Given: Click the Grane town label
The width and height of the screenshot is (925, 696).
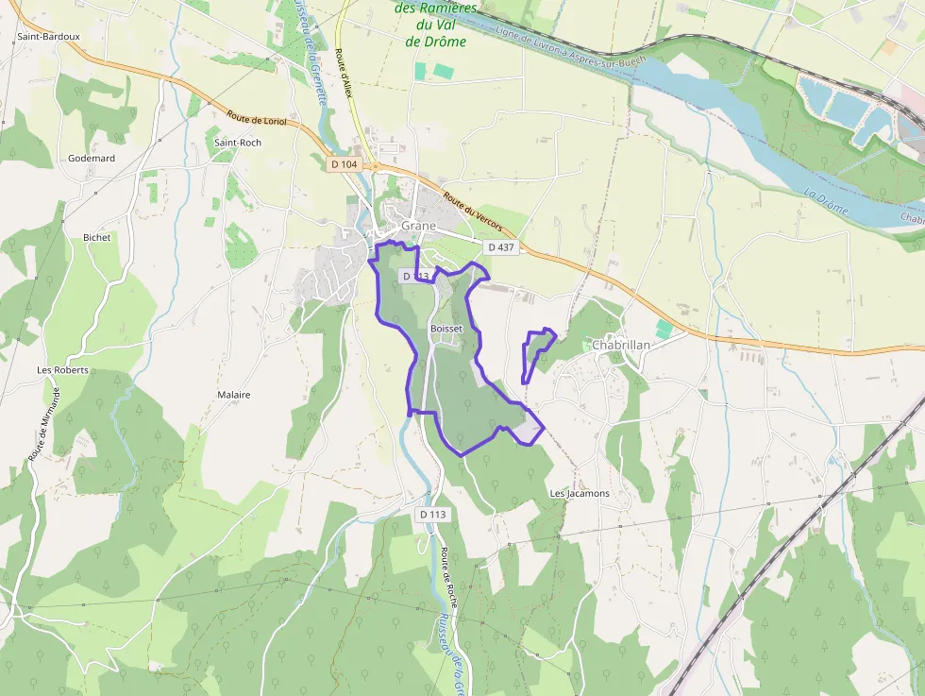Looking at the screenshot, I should pos(418,227).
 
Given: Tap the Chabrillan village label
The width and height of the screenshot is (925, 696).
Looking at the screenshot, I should pos(621,346).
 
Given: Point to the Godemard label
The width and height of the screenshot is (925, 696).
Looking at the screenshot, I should pos(92,159).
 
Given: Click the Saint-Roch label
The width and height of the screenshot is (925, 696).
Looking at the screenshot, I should pos(238,143).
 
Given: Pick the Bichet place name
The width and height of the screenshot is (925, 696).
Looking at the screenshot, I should pos(96,238).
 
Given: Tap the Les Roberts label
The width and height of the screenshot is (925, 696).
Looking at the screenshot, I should pos(62,370).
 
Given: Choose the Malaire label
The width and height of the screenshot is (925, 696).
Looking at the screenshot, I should pos(234,395).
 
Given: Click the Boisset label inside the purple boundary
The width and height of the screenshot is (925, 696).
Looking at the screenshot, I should pos(446,328).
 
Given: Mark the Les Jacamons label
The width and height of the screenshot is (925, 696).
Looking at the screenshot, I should pos(580,494).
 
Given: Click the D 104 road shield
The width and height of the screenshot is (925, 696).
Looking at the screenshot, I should pos(345,164).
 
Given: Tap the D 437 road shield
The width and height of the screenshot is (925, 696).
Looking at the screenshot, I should pos(502,246).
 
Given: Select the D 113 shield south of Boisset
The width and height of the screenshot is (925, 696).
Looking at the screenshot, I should pos(433,514).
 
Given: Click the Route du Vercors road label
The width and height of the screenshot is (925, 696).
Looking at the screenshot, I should pos(473,216).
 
